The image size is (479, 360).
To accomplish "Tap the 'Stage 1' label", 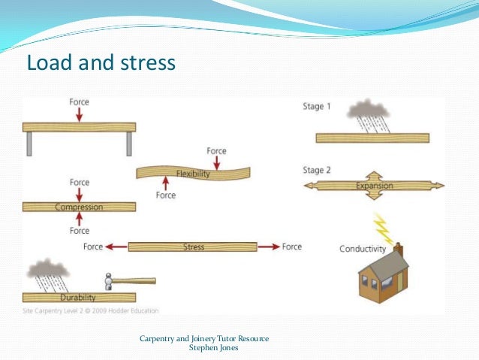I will coord(316,107).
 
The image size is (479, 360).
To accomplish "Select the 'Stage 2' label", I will coord(316,171).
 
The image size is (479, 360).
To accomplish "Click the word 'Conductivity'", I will coord(363,249).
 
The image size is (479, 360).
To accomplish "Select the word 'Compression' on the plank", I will coord(79,207).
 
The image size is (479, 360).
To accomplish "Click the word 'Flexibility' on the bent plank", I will coord(193,174).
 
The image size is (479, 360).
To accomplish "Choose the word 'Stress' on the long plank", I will coord(194,247).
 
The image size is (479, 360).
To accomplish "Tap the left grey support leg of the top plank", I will coord(29,144).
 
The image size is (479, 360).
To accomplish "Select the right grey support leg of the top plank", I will coord(129,144).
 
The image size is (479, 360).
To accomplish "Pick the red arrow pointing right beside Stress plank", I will coord(268,247).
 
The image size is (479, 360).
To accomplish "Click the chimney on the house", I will coord(399,250).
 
